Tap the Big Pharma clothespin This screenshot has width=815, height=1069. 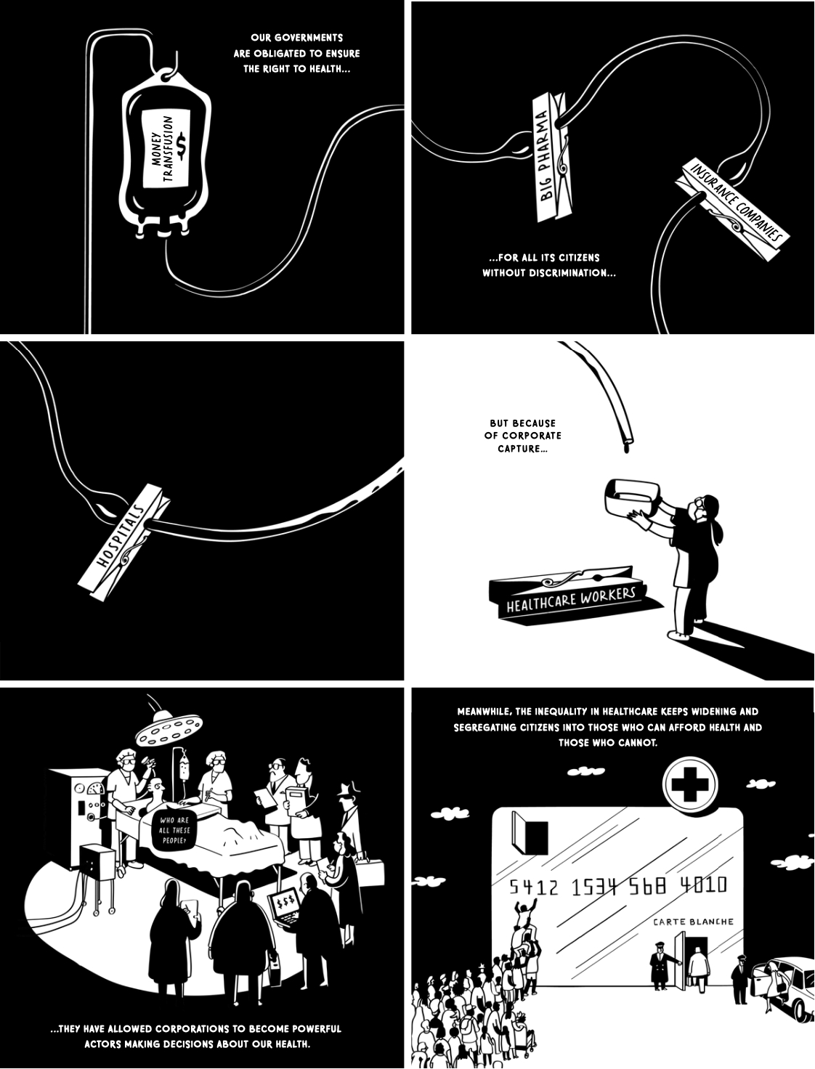coord(554,157)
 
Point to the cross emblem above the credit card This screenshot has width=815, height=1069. coord(690,783)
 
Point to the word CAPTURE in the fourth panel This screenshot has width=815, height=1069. coord(522,448)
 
